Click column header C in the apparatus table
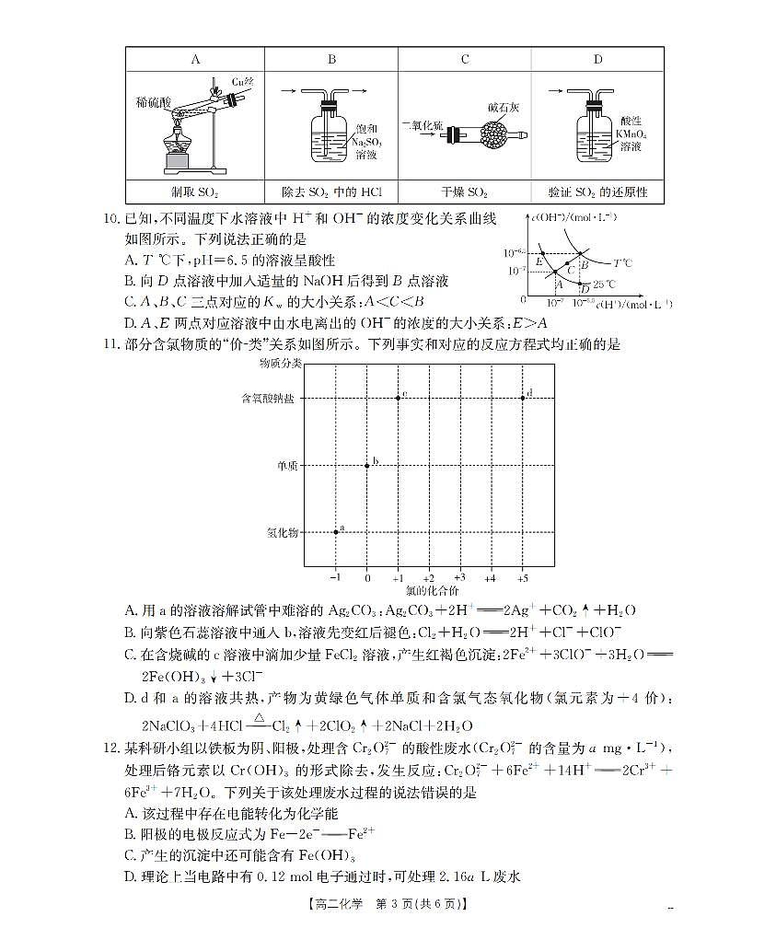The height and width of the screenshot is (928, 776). point(465,60)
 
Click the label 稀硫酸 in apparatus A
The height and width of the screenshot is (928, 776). point(152,103)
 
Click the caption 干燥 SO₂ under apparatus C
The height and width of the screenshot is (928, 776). point(464,192)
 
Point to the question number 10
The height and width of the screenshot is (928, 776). point(111,218)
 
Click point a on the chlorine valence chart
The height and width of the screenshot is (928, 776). point(336,532)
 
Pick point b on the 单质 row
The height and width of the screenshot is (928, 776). point(367,465)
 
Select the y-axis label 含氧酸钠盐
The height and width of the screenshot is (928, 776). point(271,399)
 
